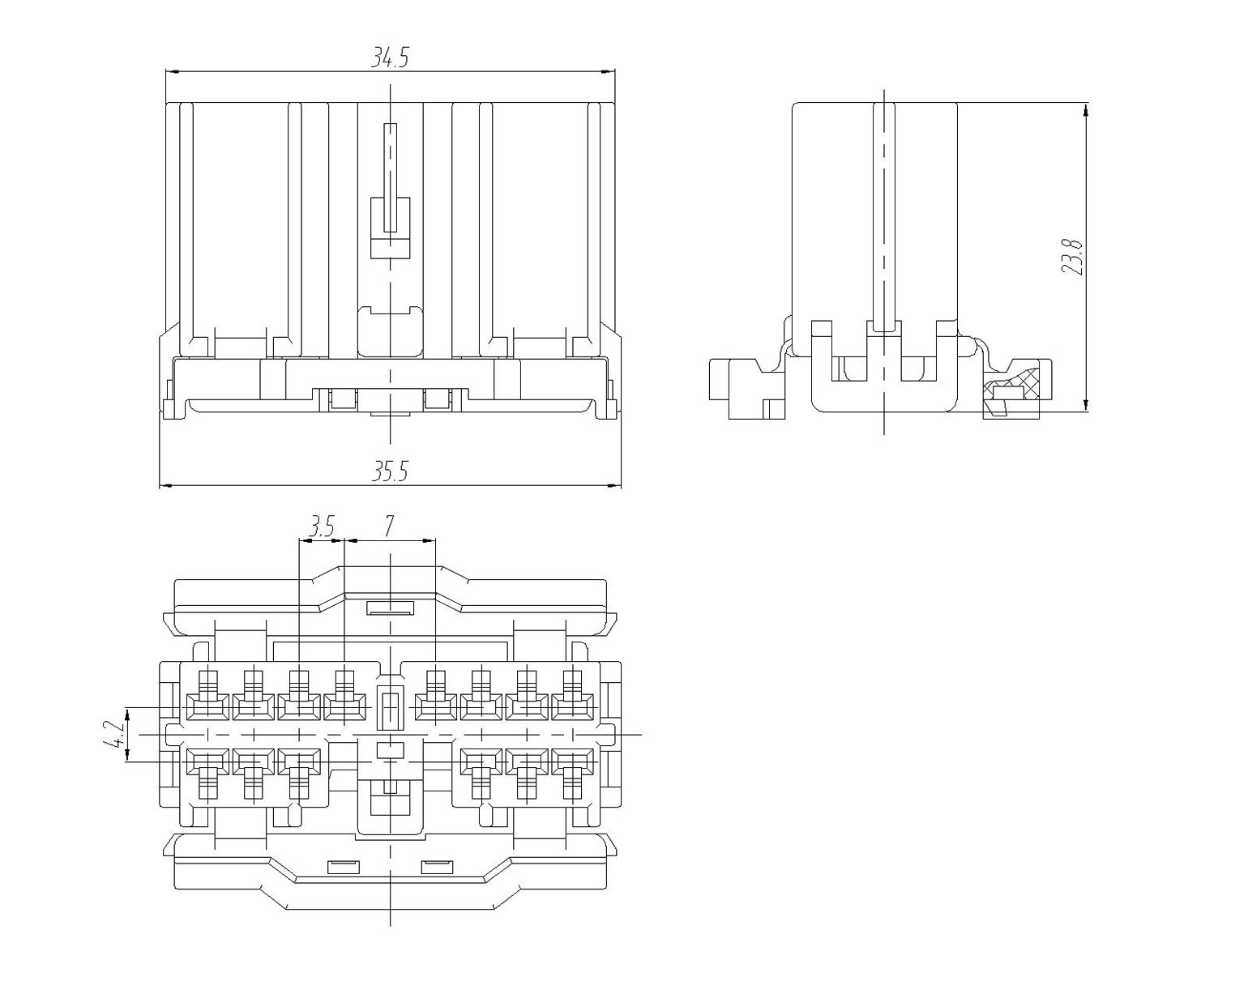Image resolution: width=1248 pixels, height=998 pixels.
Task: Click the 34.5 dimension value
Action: coord(390,58)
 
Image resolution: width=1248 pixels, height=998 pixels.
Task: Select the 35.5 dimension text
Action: coord(390,471)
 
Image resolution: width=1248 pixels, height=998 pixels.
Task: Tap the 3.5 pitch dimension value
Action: coord(321,527)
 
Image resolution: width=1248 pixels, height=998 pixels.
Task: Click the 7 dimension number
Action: coord(389,527)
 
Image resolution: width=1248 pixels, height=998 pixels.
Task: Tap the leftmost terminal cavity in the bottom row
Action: coord(208,762)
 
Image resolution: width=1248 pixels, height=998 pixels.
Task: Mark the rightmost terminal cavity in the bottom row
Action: coord(573,762)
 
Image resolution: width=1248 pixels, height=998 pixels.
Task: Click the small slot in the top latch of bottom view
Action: coord(391,608)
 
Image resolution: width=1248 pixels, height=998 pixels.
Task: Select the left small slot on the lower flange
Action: coord(343,868)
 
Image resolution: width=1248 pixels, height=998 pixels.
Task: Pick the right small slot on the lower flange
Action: coord(438,868)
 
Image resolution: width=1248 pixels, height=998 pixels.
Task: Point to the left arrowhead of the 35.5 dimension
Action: coord(165,486)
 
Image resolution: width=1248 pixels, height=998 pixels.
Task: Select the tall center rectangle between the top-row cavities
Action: coord(391,706)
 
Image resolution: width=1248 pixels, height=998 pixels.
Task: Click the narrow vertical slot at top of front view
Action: coord(391,177)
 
